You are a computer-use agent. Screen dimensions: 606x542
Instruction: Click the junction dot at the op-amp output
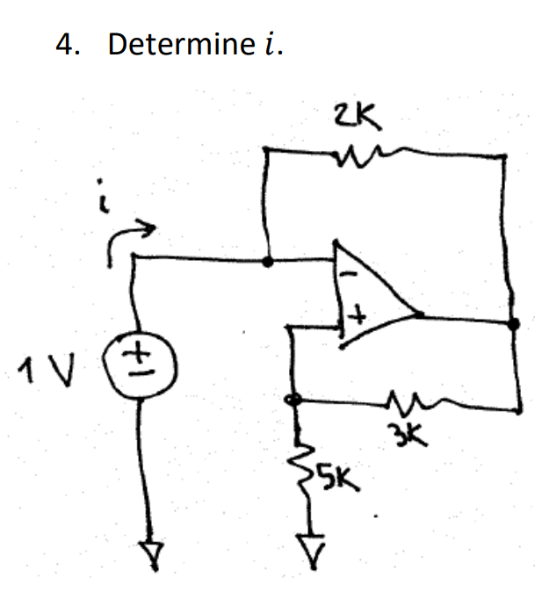[513, 324]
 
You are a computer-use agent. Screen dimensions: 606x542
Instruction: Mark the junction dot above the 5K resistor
[295, 399]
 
